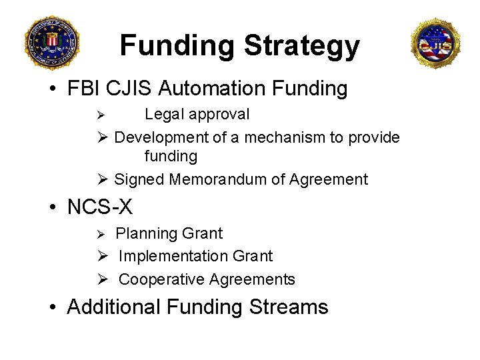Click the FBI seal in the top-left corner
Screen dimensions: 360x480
(x=51, y=42)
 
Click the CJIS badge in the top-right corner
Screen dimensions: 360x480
(x=435, y=43)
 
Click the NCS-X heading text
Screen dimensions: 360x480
(x=100, y=207)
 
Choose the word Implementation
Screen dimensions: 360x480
(x=173, y=256)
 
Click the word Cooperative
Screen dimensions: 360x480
(x=161, y=279)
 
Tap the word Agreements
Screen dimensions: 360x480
(x=253, y=279)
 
